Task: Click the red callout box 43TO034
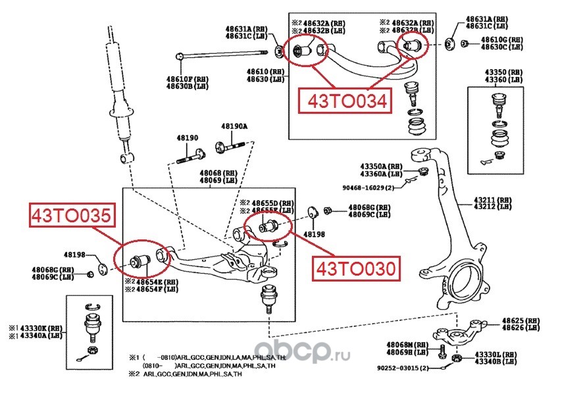(342, 101)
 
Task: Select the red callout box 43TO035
(68, 216)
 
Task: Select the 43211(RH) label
(494, 199)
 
